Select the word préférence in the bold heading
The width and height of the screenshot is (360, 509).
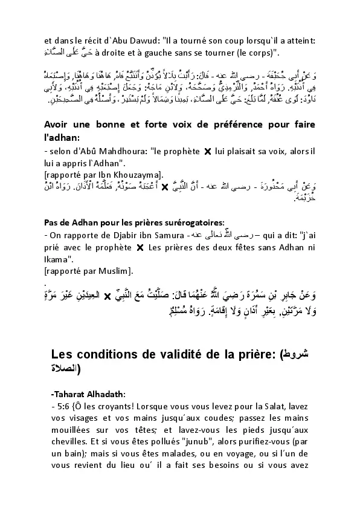coord(224,125)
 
